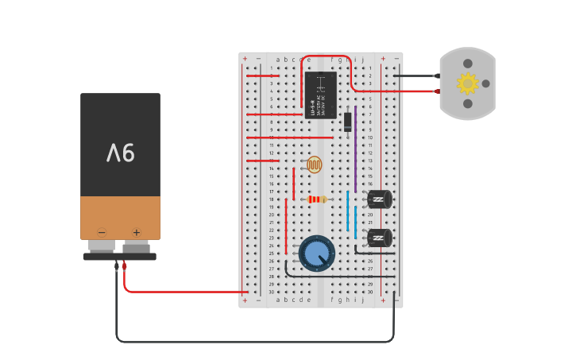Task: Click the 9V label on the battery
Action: tap(120, 152)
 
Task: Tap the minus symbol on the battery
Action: tap(102, 233)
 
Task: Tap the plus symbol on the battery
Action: tap(136, 233)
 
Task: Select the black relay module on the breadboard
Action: tap(320, 95)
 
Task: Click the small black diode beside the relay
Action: tap(348, 122)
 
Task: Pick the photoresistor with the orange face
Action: tap(315, 165)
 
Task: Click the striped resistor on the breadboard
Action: tap(317, 199)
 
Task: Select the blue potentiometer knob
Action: tap(317, 253)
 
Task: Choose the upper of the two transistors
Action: tap(379, 199)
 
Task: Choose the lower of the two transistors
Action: tap(379, 238)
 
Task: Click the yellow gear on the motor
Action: tap(467, 83)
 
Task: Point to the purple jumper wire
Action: tap(355, 147)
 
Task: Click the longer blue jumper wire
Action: tap(347, 211)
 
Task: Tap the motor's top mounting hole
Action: tap(468, 64)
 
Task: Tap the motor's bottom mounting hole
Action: tap(468, 103)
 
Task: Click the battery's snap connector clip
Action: tap(119, 256)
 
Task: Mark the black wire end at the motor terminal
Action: tap(436, 76)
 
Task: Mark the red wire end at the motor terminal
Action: tap(436, 91)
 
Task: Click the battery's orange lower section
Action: tap(120, 216)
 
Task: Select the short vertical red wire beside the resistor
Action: tap(293, 184)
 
